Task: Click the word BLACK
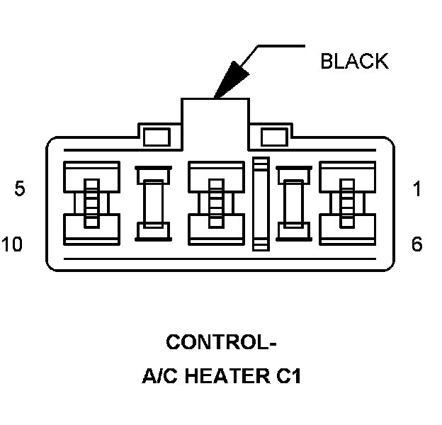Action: (x=354, y=62)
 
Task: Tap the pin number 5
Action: (x=20, y=189)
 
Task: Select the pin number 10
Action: (x=13, y=245)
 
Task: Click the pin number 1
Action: (x=417, y=189)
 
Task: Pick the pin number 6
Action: (x=417, y=245)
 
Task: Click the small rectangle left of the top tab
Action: (x=156, y=136)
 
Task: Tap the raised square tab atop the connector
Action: (x=215, y=117)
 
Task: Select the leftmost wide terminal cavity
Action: (x=90, y=203)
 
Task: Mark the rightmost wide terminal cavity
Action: (x=347, y=203)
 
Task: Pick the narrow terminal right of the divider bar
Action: (x=291, y=203)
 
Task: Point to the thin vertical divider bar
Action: (x=261, y=203)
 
